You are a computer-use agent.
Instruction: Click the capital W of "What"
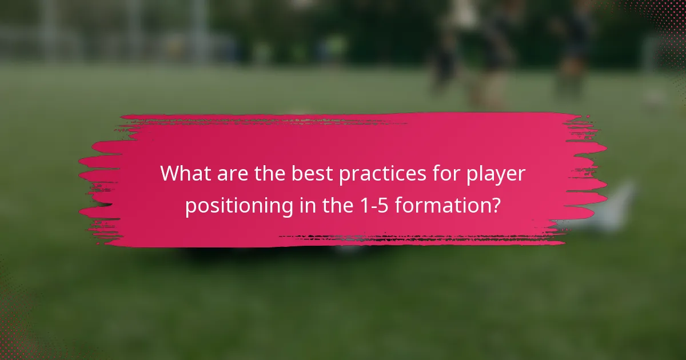(x=171, y=173)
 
